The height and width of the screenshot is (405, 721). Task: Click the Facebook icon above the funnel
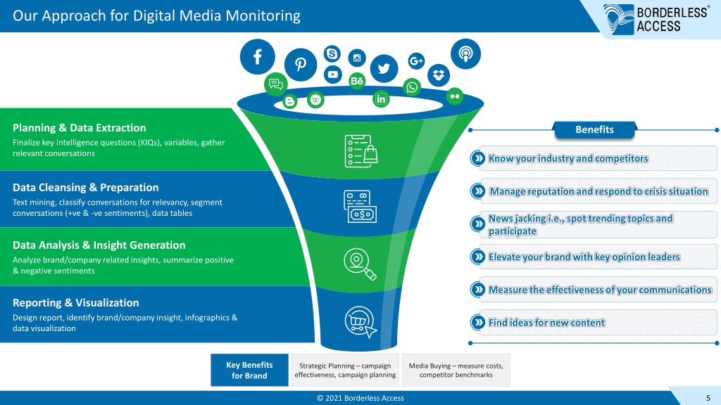click(x=258, y=57)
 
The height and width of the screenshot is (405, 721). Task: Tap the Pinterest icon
click(x=300, y=65)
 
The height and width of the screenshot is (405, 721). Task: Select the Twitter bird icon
click(x=384, y=69)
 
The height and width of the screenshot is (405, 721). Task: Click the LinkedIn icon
click(x=381, y=98)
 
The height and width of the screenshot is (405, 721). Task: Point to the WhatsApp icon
click(x=411, y=86)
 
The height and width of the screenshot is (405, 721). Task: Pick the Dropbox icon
click(x=438, y=75)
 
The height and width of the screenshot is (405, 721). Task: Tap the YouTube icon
click(x=333, y=75)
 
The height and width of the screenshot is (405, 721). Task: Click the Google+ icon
click(x=416, y=60)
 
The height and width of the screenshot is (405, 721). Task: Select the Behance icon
click(x=357, y=82)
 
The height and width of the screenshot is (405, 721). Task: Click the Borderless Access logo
click(x=656, y=19)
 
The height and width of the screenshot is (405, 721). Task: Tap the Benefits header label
click(x=594, y=130)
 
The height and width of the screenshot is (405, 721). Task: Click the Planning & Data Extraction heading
click(x=79, y=128)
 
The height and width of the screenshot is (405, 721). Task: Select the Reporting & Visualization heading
click(x=76, y=302)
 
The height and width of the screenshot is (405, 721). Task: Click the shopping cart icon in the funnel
click(x=360, y=321)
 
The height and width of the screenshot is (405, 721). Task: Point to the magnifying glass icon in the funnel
click(x=360, y=264)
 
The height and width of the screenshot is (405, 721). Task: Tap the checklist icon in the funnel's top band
click(x=361, y=151)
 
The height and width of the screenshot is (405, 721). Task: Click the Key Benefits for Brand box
click(x=250, y=370)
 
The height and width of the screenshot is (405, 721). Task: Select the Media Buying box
click(x=456, y=370)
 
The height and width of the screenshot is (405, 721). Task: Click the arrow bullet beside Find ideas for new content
click(x=478, y=322)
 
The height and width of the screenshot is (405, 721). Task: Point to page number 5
click(x=708, y=398)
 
